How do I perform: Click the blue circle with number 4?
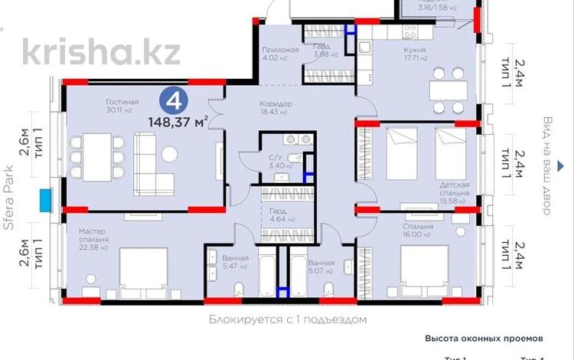pyautogui.click(x=174, y=100)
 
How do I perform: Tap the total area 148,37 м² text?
pyautogui.click(x=180, y=120)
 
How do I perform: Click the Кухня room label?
pyautogui.click(x=415, y=51)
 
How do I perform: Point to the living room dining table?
pyautogui.click(x=97, y=150)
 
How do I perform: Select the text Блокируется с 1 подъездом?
pyautogui.click(x=288, y=319)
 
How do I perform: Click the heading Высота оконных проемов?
pyautogui.click(x=484, y=337)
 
